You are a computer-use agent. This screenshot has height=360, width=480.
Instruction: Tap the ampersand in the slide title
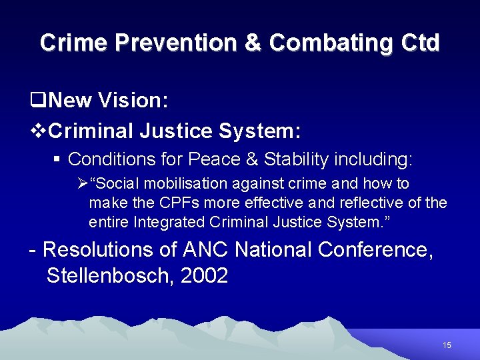pyautogui.click(x=253, y=43)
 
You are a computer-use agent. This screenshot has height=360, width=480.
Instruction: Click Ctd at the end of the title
pyautogui.click(x=421, y=43)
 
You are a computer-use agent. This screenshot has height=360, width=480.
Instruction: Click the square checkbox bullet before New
pyautogui.click(x=38, y=101)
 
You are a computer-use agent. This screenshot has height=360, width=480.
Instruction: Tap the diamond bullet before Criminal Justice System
pyautogui.click(x=38, y=131)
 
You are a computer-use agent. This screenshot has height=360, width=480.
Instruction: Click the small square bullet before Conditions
pyautogui.click(x=60, y=159)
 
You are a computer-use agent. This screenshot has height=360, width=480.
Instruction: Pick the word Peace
pyautogui.click(x=212, y=159)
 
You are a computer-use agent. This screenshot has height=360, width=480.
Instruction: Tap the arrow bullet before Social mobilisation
pyautogui.click(x=83, y=183)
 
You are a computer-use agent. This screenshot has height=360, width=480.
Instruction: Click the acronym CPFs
pyautogui.click(x=180, y=201)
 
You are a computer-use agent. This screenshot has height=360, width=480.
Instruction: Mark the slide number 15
pyautogui.click(x=447, y=345)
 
